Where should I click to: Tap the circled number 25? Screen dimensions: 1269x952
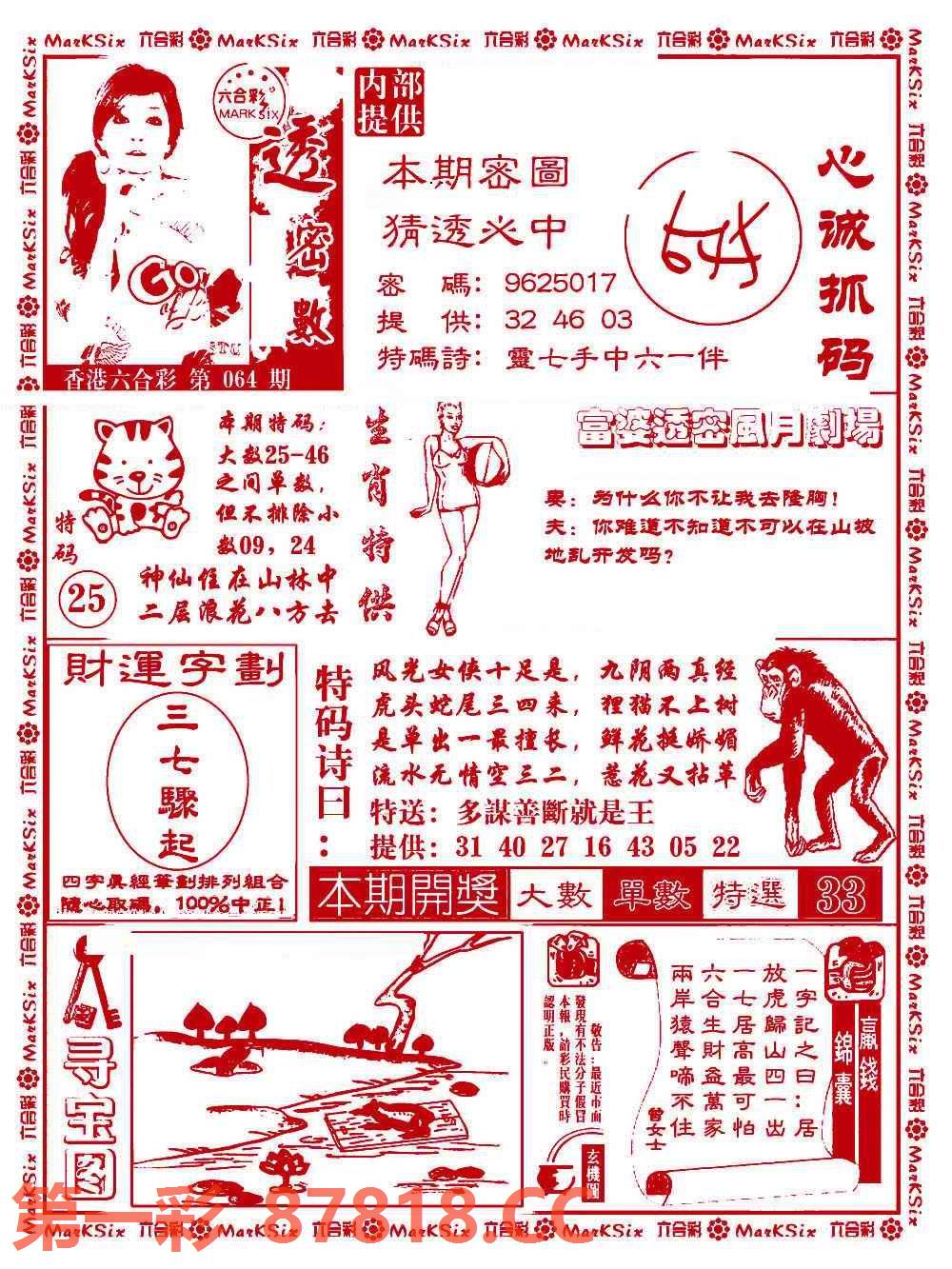pos(88,599)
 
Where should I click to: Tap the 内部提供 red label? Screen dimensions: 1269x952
pos(388,102)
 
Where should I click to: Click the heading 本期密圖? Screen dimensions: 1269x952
pos(476,173)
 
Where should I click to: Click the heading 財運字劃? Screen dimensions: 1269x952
pos(173,672)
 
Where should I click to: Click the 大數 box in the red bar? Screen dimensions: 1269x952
pos(555,895)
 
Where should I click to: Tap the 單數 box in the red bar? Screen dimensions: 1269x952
pos(652,895)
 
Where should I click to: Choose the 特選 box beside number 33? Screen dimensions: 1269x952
pos(749,895)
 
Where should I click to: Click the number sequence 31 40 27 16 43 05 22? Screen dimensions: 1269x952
pos(597,846)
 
